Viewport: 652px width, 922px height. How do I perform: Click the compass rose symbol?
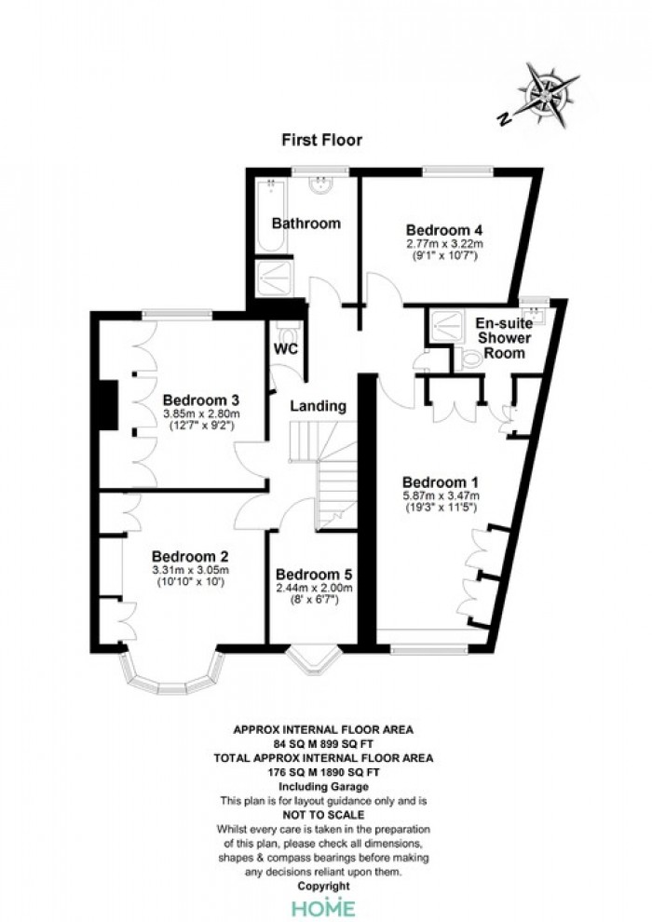[549, 94]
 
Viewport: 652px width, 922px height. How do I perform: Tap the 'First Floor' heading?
[321, 140]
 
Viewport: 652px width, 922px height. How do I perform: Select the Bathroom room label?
[306, 224]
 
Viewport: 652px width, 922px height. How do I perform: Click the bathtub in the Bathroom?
[271, 215]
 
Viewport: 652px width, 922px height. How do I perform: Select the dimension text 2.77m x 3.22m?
[444, 243]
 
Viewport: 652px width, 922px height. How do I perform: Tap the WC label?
[286, 348]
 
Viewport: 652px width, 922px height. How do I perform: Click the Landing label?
[318, 406]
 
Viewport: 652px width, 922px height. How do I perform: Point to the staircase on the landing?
[324, 474]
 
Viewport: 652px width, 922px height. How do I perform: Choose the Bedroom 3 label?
[201, 400]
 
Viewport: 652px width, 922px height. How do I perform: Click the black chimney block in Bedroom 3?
[109, 405]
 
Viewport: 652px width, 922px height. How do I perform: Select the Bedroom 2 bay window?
[173, 674]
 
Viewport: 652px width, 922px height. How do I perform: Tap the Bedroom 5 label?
[313, 575]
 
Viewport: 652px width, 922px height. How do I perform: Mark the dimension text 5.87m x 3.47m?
[441, 495]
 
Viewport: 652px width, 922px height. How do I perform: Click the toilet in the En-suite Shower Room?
[469, 359]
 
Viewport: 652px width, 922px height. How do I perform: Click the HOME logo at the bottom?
[323, 908]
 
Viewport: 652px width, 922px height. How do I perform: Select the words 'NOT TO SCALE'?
[323, 815]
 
